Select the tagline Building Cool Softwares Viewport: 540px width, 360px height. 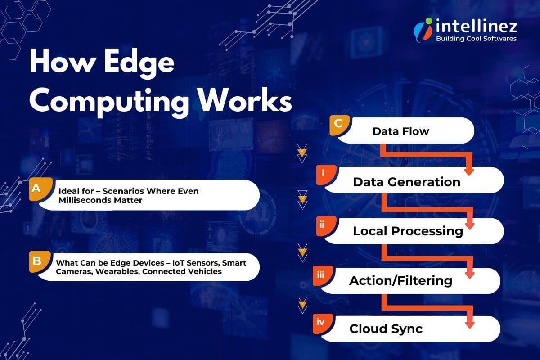476,39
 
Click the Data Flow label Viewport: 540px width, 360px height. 400,131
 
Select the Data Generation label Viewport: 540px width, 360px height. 406,182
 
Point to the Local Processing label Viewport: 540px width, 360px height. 408,231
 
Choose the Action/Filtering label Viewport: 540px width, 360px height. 400,280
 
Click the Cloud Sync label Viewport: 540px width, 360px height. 386,328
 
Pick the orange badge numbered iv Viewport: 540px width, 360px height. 321,322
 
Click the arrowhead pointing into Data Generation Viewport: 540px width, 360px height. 469,171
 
